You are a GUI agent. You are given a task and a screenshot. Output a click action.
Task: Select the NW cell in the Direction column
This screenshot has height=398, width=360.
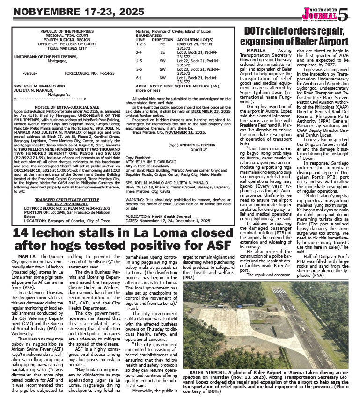(x=162, y=77)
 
